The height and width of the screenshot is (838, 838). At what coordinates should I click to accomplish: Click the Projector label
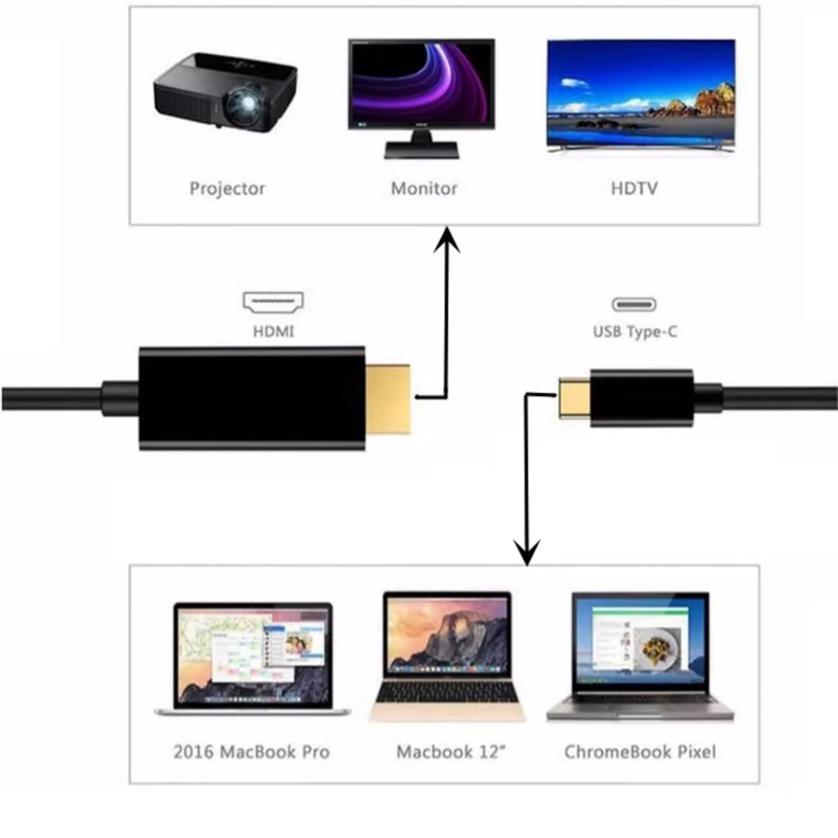228,189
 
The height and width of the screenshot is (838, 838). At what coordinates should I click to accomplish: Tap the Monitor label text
424,188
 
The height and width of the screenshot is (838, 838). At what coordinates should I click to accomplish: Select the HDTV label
634,188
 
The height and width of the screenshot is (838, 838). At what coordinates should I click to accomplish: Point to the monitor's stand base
421,151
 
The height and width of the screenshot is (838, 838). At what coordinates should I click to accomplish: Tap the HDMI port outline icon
273,302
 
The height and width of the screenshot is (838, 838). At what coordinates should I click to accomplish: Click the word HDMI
273,331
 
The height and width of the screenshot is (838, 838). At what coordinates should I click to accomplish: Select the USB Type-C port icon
634,304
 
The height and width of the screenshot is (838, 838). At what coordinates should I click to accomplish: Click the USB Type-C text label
635,332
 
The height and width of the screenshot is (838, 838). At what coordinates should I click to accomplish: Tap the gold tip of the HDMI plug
387,399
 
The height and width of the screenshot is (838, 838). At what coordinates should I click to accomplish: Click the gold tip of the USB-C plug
574,398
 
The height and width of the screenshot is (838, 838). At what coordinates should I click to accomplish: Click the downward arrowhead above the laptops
527,552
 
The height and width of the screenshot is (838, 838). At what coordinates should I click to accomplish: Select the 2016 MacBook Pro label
251,752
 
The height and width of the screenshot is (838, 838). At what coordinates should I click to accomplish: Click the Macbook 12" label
451,752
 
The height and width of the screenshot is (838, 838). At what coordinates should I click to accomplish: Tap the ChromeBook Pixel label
640,752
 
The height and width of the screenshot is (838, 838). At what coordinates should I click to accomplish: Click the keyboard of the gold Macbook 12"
448,694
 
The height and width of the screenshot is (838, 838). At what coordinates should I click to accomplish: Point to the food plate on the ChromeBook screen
659,647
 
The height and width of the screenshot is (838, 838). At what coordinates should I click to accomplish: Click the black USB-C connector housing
642,398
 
